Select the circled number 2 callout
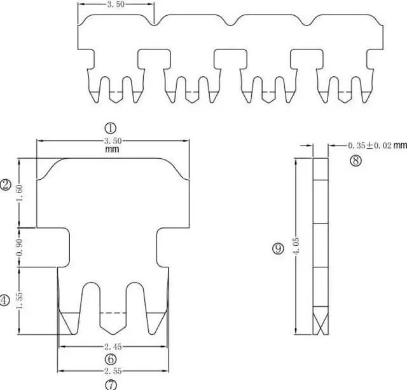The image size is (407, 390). [6, 185]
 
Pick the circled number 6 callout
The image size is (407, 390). [111, 359]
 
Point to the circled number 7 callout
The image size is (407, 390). [111, 384]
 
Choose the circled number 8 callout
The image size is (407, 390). [355, 161]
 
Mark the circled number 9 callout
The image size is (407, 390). [277, 249]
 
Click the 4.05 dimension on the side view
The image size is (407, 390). [295, 245]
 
